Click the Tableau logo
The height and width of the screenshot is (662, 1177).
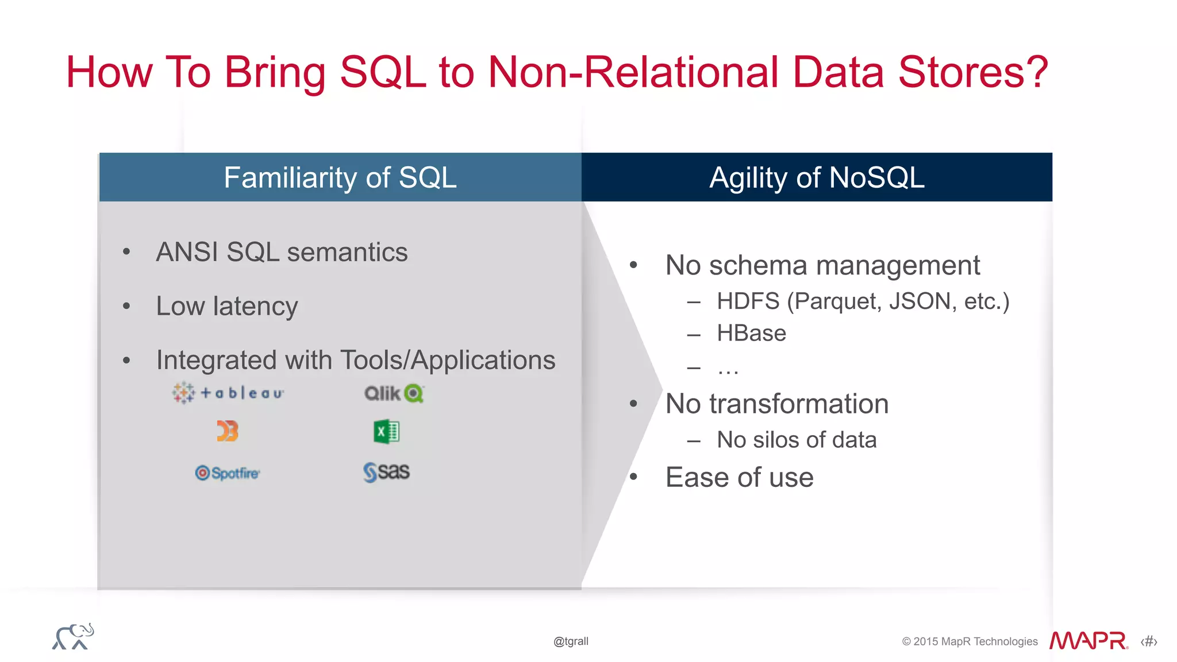[x=228, y=393]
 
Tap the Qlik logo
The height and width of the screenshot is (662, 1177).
[x=394, y=393]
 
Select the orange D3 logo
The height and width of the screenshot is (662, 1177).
[x=228, y=431]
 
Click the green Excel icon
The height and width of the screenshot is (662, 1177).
[x=386, y=432]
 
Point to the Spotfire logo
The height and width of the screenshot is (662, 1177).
[x=228, y=473]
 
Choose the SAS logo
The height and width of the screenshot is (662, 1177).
[x=386, y=472]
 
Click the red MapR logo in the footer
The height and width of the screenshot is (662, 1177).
[x=1088, y=641]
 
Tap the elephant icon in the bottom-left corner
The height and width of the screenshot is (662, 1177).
[x=73, y=637]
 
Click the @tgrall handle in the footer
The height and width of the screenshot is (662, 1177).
[x=571, y=641]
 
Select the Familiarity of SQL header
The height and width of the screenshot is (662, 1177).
[x=340, y=177]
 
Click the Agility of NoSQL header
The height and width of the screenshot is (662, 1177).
[x=817, y=177]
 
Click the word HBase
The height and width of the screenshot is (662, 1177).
[x=751, y=333]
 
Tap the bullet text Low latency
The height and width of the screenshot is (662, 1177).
[x=227, y=306]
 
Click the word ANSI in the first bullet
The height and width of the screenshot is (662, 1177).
[x=187, y=252]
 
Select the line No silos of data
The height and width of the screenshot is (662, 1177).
[x=797, y=440]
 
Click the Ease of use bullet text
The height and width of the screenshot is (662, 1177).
[x=739, y=477]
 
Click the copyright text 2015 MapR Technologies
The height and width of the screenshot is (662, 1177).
[x=975, y=641]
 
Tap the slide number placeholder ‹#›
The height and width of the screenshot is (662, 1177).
[x=1149, y=641]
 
